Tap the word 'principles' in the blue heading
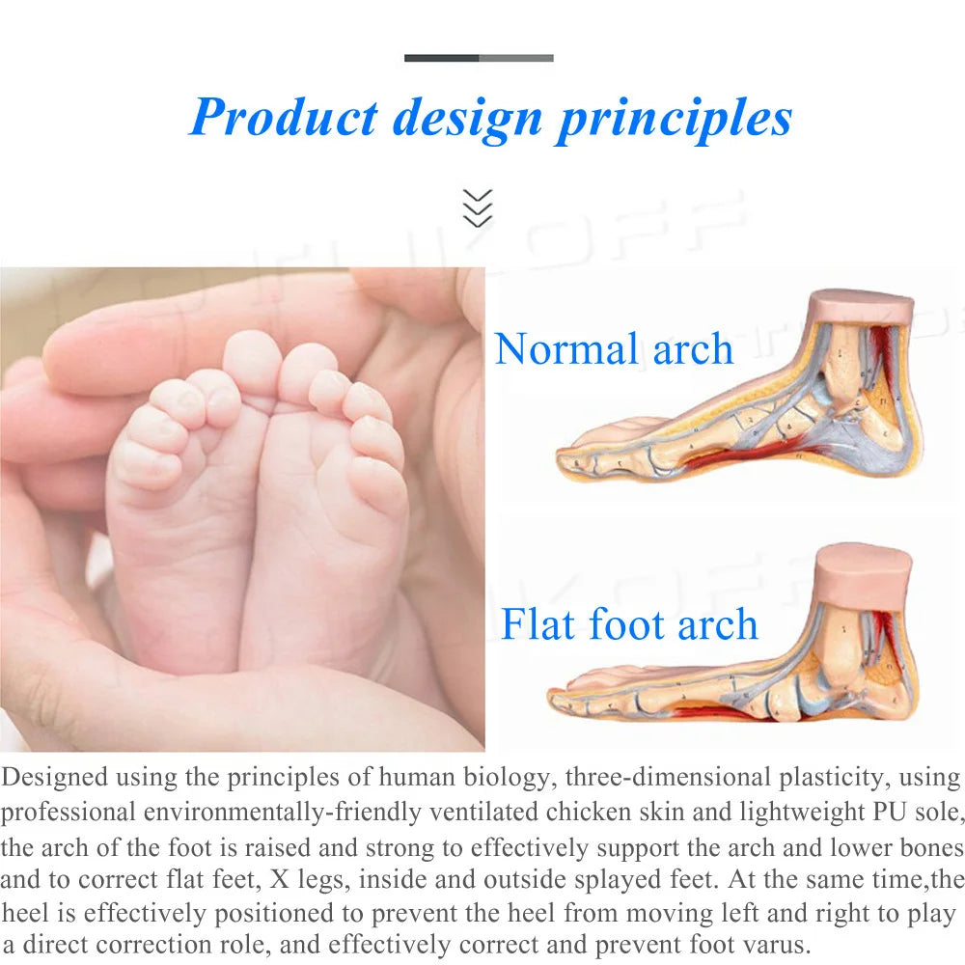click(675, 118)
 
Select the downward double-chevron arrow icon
click(478, 207)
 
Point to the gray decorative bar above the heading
click(479, 58)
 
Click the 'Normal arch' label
click(614, 348)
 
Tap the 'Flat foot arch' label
click(629, 624)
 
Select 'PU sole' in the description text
click(911, 813)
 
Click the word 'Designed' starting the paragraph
click(56, 778)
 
